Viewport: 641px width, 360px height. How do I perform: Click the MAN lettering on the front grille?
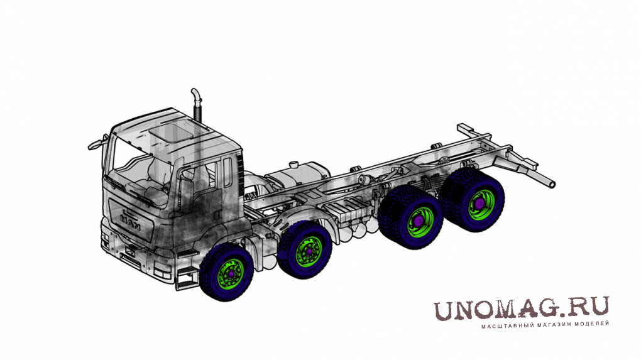[x=131, y=222]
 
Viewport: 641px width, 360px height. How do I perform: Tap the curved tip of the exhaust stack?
[x=195, y=93]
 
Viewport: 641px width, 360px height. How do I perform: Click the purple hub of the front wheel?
[x=232, y=273]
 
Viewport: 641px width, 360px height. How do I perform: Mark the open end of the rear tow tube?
[x=552, y=184]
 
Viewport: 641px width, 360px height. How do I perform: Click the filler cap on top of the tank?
[x=293, y=165]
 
